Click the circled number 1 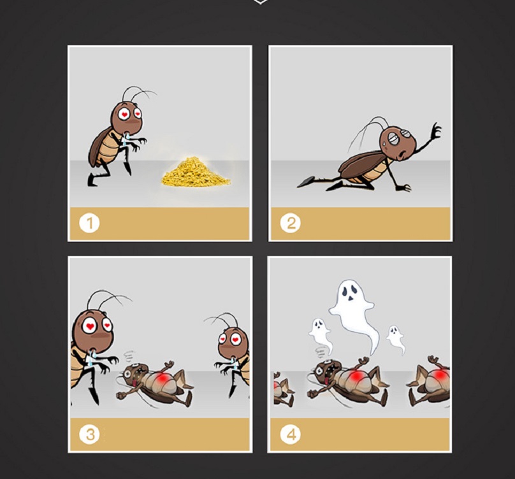click(x=89, y=224)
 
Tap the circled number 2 click(x=291, y=224)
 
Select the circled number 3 click(x=89, y=434)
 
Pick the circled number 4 click(x=291, y=434)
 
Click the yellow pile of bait click(x=196, y=172)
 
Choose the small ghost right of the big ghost click(x=395, y=339)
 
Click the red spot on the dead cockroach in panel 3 click(x=162, y=378)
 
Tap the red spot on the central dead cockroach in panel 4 click(x=357, y=376)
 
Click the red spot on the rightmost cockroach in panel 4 click(x=441, y=375)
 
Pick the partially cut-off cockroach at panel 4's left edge click(x=282, y=389)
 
